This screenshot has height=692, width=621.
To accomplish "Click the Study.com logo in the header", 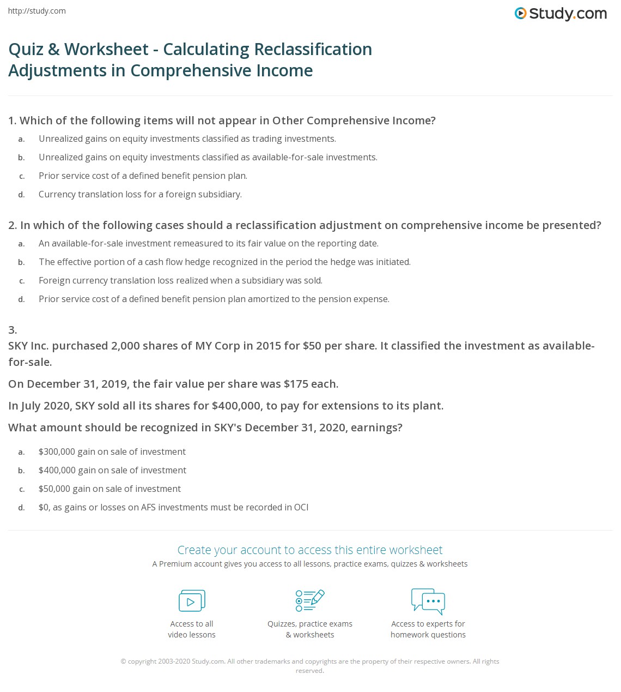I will click(561, 14).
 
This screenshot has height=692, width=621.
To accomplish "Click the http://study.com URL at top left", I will click(37, 11).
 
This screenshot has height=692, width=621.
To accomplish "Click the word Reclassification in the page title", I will click(313, 49).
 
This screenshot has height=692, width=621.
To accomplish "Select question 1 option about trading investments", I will click(187, 139).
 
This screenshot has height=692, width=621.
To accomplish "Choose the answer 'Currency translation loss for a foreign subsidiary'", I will click(140, 195).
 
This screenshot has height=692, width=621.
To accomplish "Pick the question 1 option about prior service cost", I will click(143, 176).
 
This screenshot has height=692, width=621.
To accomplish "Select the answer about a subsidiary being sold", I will click(180, 281).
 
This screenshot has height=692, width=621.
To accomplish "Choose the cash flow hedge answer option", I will click(224, 262).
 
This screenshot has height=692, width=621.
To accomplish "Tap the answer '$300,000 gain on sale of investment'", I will click(112, 452).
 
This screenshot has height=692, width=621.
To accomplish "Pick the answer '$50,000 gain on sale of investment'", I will click(109, 489).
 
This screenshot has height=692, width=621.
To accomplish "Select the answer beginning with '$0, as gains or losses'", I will click(173, 508).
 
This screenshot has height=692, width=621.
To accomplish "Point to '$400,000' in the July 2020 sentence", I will click(236, 406).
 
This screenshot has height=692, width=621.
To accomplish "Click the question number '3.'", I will click(13, 329).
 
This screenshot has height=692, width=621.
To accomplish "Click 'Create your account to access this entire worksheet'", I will click(310, 550).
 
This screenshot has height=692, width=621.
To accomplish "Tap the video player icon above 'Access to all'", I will click(192, 601).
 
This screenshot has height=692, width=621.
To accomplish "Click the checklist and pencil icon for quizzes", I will click(310, 600).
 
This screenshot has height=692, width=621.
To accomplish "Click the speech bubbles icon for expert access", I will click(428, 600).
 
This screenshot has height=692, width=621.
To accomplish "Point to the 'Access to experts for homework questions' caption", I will click(428, 629).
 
